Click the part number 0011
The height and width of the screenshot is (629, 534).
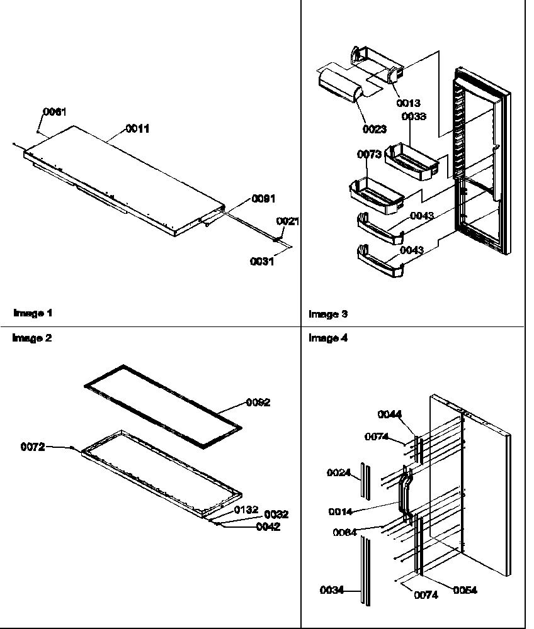[x=138, y=128]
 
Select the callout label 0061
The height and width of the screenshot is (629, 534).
[x=54, y=111]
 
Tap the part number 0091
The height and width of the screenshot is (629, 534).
[x=263, y=198]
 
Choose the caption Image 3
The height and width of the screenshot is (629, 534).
[x=327, y=314]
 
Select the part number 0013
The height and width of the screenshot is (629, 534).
[x=409, y=103]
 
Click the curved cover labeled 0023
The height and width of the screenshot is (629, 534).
[x=339, y=85]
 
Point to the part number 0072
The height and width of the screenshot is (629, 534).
[x=33, y=447]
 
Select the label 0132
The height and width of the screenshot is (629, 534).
[x=247, y=509]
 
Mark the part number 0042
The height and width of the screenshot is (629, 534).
[x=268, y=527]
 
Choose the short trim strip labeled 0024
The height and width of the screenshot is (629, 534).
[x=364, y=479]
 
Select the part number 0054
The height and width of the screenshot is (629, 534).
[x=465, y=590]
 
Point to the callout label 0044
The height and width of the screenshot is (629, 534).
[x=390, y=414]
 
